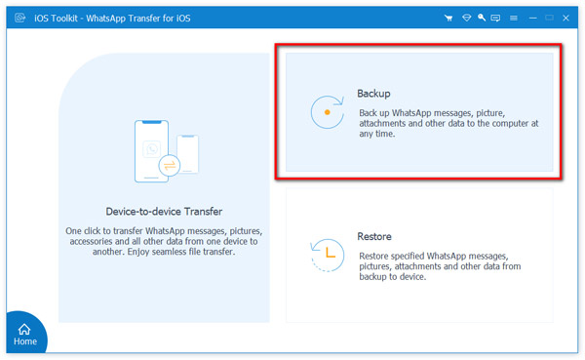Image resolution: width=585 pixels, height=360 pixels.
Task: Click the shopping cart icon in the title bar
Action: [x=448, y=18]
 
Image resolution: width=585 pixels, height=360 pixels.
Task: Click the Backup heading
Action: [x=373, y=94]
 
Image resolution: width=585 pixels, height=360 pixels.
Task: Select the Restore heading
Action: [x=375, y=237]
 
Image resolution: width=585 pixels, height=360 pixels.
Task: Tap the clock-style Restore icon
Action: [x=326, y=256]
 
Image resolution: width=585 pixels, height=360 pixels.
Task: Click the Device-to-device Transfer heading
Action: [x=163, y=211]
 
